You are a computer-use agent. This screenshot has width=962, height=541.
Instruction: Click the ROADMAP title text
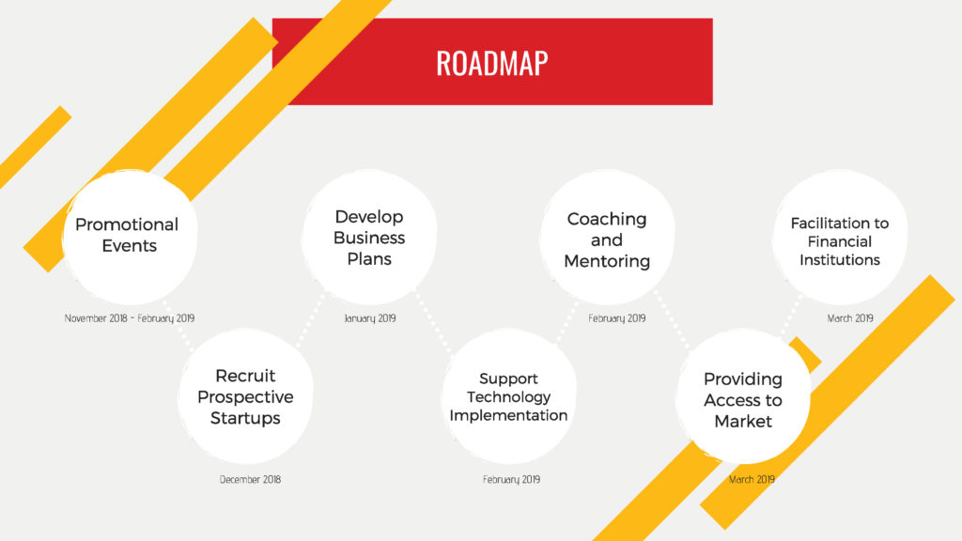[492, 63]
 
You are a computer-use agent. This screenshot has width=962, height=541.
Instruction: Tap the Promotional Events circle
[130, 237]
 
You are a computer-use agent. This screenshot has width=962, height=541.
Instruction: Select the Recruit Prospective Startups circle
[245, 396]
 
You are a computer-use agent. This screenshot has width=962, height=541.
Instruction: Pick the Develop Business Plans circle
[368, 237]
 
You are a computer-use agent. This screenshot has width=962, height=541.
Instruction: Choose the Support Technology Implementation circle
[508, 396]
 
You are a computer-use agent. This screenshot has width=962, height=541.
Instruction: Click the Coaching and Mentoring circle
[607, 237]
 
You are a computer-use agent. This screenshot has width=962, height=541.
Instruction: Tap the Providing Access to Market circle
[742, 396]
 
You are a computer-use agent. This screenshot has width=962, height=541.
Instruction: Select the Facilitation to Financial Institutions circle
[839, 237]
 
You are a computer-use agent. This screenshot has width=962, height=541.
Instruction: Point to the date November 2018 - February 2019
[130, 318]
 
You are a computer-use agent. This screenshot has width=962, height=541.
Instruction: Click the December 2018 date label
[250, 480]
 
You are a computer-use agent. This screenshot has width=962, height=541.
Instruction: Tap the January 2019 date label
[370, 318]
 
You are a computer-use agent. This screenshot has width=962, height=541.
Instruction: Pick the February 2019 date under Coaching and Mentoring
[616, 318]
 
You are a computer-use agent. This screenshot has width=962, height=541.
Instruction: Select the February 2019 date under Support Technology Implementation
[511, 480]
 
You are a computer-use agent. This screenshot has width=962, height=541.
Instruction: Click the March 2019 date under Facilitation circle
[849, 318]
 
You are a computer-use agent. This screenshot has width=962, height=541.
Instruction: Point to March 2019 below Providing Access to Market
[752, 480]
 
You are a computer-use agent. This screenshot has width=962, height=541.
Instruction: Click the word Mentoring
[607, 261]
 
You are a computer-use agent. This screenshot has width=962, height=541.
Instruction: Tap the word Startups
[245, 418]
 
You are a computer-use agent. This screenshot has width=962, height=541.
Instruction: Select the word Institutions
[839, 260]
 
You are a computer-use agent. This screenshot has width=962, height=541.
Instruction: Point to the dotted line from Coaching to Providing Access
[673, 320]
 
